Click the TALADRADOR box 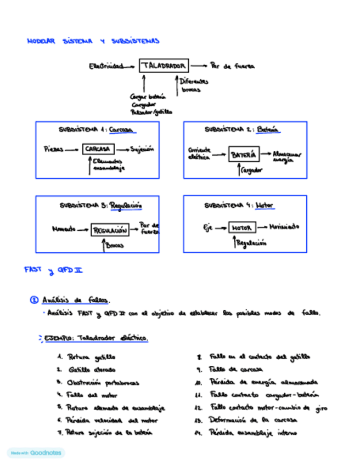(x=164, y=66)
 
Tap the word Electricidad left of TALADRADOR (x=106, y=66)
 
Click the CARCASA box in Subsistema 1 (x=98, y=149)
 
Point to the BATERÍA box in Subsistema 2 (x=243, y=155)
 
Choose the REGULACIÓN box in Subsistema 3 (x=110, y=230)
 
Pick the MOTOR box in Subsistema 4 (x=241, y=228)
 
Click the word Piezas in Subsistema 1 (x=53, y=149)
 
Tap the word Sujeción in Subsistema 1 (x=142, y=149)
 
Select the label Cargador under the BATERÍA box (x=252, y=171)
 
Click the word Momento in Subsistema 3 (x=64, y=229)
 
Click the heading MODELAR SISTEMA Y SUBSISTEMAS (x=93, y=41)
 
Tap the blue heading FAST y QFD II (x=53, y=270)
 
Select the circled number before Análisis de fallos (x=34, y=300)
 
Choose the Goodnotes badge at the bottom (x=36, y=453)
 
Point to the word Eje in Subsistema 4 (x=207, y=228)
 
